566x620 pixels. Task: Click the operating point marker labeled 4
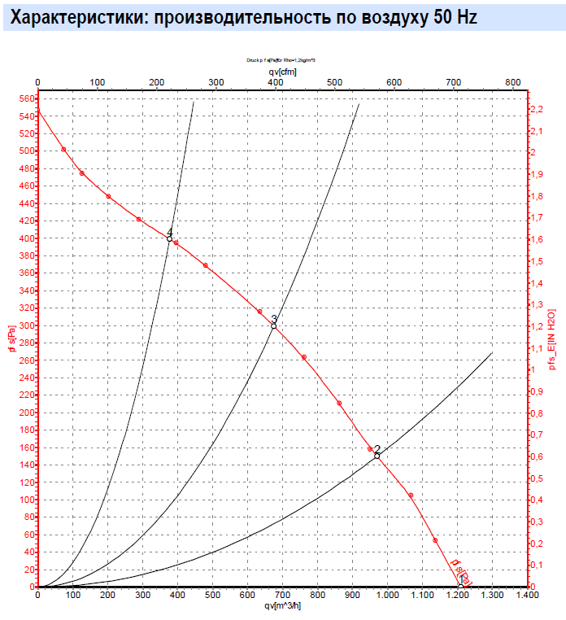[169, 238]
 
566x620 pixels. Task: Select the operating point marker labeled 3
[273, 325]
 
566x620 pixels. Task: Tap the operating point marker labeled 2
[377, 456]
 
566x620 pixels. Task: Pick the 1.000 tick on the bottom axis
[387, 596]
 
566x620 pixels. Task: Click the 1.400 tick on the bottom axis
[526, 596]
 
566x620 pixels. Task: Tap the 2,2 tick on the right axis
[537, 109]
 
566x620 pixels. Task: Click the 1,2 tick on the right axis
[537, 326]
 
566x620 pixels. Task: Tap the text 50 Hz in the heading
[446, 16]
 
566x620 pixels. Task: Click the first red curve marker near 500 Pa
[63, 150]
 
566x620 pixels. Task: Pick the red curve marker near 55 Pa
[436, 540]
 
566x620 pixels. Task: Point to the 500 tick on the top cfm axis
[334, 82]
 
